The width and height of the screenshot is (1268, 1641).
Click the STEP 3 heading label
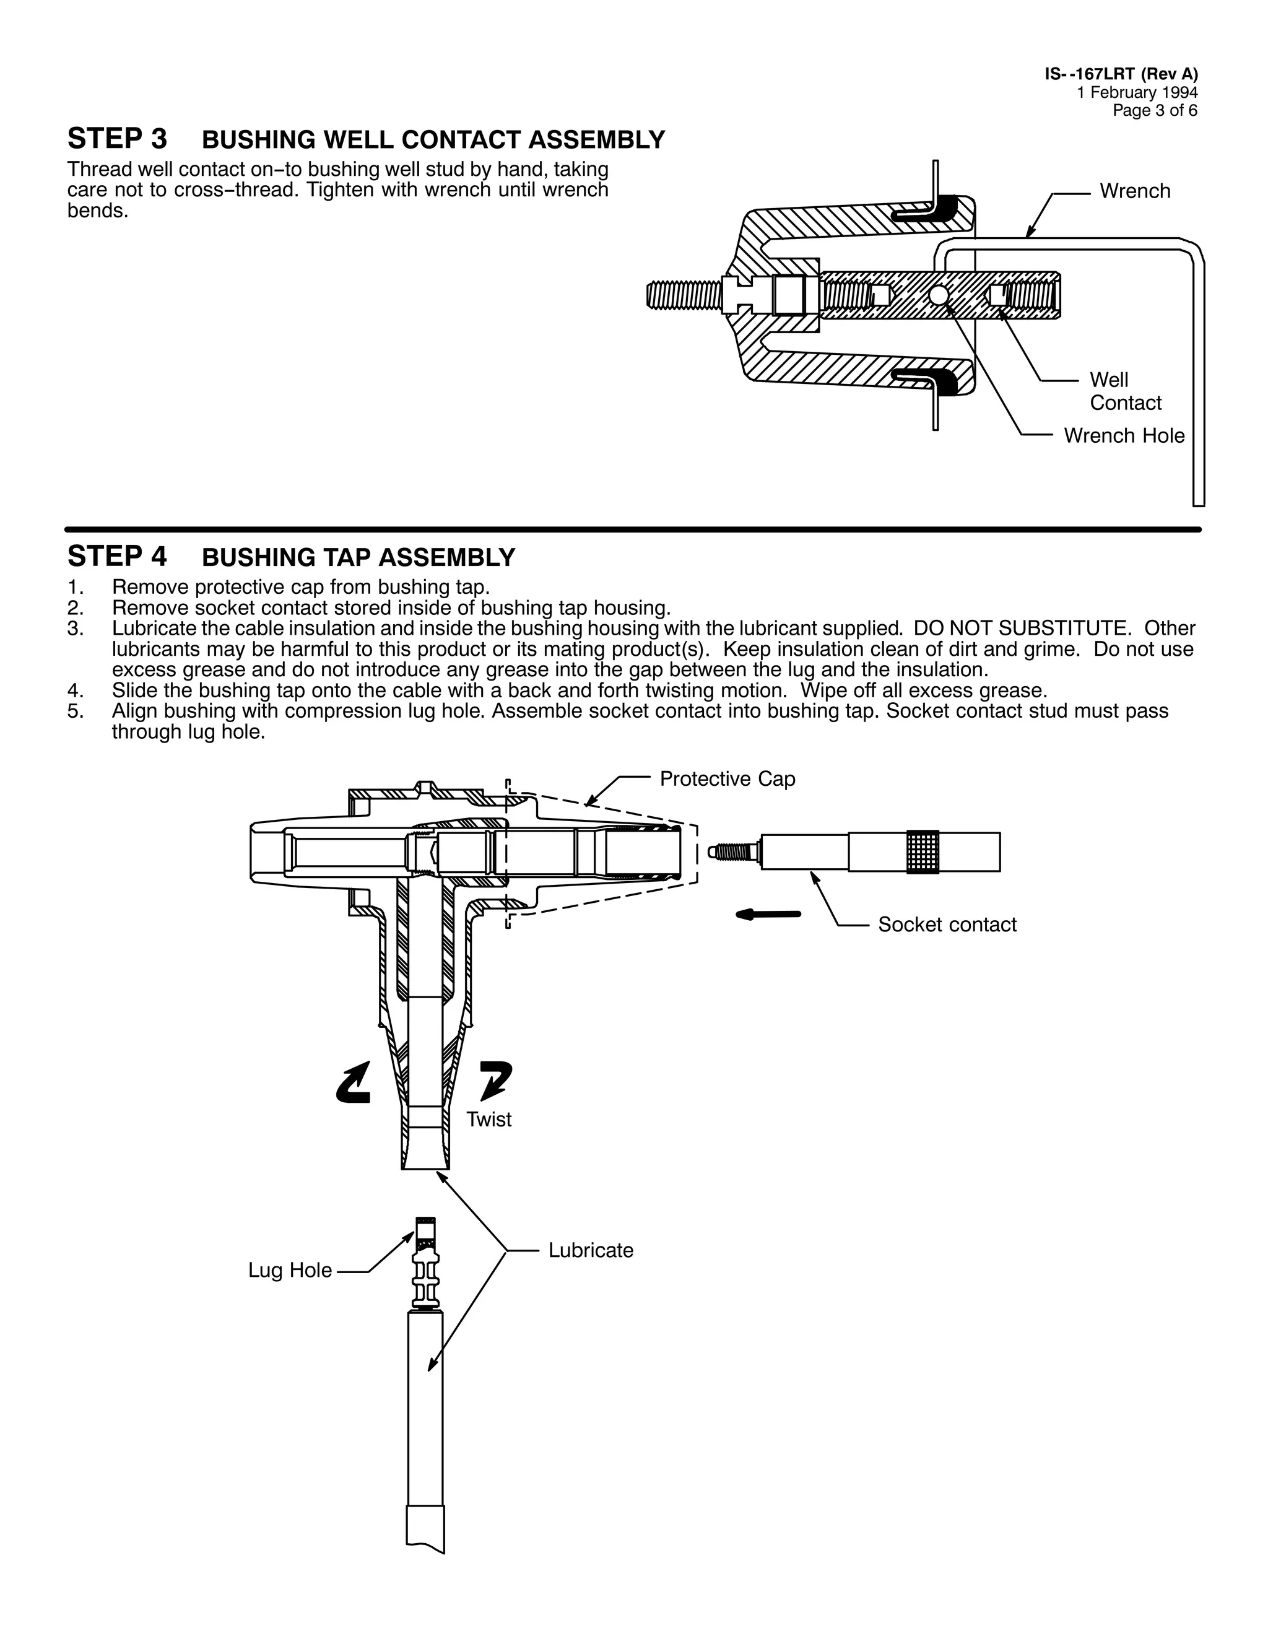pos(117,139)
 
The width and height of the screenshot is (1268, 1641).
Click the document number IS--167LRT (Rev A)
pos(1121,74)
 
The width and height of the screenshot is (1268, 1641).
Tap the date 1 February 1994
pos(1137,92)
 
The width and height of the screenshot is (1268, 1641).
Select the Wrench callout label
pos(1134,191)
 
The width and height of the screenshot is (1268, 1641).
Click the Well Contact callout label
pos(1124,391)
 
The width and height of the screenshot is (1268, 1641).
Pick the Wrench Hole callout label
pos(1124,436)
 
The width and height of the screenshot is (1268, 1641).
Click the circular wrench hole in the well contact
pos(938,295)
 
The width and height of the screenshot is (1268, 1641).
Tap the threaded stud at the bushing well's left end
pos(684,295)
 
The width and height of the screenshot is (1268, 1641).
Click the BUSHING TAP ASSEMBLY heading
pos(358,557)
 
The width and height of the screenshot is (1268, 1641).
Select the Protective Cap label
pos(726,779)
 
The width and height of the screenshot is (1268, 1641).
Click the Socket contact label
pos(947,925)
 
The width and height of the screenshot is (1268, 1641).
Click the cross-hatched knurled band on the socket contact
pos(923,852)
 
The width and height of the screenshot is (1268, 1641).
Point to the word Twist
pos(489,1120)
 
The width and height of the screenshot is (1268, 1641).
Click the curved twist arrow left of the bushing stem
pos(354,1082)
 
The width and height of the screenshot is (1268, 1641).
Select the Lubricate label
pos(591,1250)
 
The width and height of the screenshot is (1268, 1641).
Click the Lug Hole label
pos(290,1271)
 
